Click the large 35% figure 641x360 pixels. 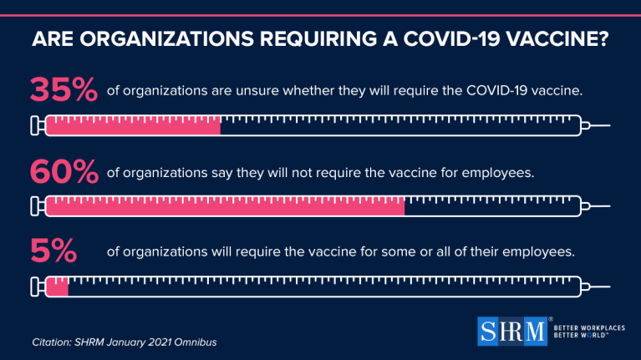point(64,89)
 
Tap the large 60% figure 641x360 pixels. point(64,171)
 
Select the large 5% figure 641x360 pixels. point(53,251)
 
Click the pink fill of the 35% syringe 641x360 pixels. point(133,125)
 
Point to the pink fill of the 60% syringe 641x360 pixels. point(226,206)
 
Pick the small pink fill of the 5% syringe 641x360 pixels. point(57,286)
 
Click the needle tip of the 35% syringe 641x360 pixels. point(610,125)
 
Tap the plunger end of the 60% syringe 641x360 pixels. point(35,206)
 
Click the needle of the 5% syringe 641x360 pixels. point(600,286)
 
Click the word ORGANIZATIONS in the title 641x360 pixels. point(167,39)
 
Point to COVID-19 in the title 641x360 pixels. point(451,39)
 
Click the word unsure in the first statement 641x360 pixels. point(257,90)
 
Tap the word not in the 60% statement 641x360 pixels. point(302,172)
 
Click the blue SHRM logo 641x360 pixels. point(512,331)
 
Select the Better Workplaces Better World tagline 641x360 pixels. point(589,332)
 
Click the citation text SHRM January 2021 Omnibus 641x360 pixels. point(145,342)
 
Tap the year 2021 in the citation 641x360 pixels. point(160,342)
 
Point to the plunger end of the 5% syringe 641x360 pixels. point(35,286)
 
